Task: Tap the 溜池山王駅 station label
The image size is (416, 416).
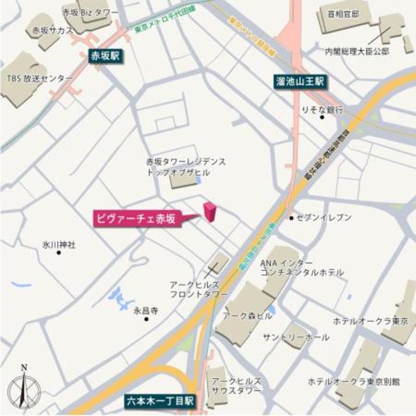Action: (x=300, y=82)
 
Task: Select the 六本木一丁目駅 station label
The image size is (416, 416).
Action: (x=159, y=401)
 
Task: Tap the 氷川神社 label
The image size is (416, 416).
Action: (x=59, y=244)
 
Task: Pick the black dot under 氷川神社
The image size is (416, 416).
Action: (x=59, y=252)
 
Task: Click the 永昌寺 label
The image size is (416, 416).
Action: (x=146, y=311)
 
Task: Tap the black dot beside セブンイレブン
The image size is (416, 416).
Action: (x=292, y=217)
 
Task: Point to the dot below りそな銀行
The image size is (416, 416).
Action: (x=322, y=118)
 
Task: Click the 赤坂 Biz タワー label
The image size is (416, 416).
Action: (x=90, y=12)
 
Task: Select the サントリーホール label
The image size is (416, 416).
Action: (x=296, y=337)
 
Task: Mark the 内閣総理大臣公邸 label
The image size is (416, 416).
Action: (x=357, y=50)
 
